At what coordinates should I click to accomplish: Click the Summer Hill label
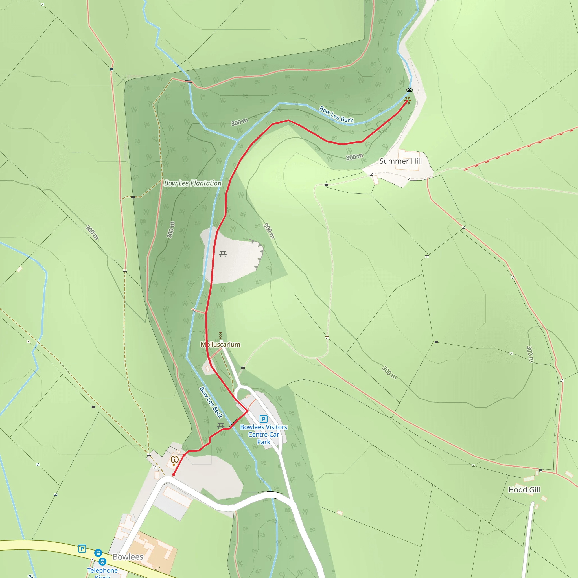coord(400,161)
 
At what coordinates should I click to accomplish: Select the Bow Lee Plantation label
coord(193,183)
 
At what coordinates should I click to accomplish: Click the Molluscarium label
coord(220,344)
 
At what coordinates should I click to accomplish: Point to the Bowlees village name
coord(128,557)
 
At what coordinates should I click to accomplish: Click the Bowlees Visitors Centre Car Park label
coord(264,434)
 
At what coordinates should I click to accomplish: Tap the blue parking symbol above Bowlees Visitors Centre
coord(263,419)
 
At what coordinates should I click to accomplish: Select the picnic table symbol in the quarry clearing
coord(223,254)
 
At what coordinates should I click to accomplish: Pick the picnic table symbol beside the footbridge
coord(221,425)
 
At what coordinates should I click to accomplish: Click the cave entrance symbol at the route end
coord(409,90)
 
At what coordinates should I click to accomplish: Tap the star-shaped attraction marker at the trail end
coord(408,100)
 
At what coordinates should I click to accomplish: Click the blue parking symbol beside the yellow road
coord(82,549)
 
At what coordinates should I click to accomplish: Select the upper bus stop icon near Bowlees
coord(98,553)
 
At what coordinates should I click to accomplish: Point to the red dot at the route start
coord(174,475)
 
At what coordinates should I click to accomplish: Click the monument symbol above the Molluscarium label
coord(220,336)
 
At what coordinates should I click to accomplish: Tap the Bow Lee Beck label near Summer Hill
coord(336,114)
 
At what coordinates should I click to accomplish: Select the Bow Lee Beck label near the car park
coord(211,402)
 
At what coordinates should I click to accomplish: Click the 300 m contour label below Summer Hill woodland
coord(354,157)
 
